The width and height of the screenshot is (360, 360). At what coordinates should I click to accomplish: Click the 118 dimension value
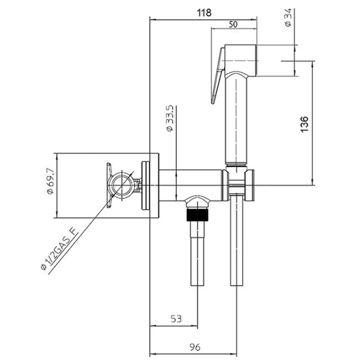click(204, 13)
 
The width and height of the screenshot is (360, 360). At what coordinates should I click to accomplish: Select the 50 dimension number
click(233, 25)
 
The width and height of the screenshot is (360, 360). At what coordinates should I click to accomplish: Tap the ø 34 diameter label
click(288, 17)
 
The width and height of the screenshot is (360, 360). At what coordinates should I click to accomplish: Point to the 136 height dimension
click(304, 124)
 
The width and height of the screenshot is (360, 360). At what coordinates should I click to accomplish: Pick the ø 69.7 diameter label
click(50, 181)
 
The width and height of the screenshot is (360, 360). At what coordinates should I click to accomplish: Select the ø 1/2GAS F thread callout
click(59, 248)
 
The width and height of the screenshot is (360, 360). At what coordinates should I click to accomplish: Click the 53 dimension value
click(176, 319)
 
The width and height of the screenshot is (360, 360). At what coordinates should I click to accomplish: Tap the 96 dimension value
click(195, 347)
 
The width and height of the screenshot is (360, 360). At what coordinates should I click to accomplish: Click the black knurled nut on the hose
click(197, 215)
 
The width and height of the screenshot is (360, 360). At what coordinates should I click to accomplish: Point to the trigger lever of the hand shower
click(218, 76)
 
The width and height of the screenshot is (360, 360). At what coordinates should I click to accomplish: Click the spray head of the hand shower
click(240, 61)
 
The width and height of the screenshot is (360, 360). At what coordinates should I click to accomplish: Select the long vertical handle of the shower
click(236, 119)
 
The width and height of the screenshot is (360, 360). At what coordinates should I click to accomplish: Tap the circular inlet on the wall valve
click(121, 185)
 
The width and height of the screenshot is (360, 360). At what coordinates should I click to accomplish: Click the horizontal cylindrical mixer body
click(190, 185)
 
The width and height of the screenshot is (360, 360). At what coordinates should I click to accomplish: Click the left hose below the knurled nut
click(197, 253)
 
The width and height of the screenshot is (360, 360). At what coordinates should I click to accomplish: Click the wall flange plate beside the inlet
click(146, 185)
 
